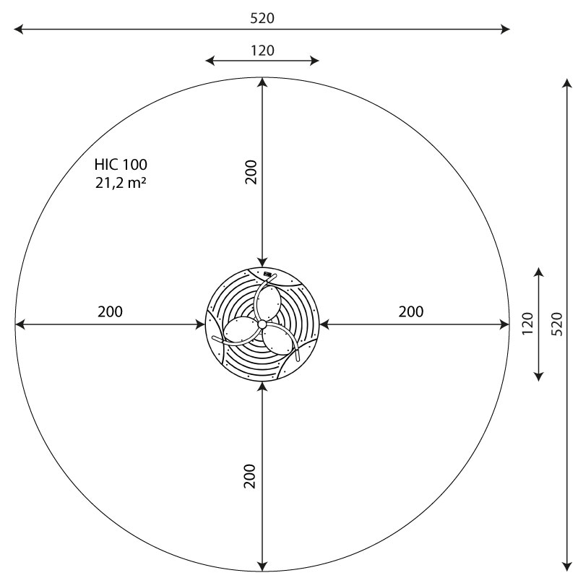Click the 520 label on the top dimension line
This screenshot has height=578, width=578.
tap(262, 18)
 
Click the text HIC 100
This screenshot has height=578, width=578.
tap(121, 165)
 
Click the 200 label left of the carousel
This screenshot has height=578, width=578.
tap(110, 312)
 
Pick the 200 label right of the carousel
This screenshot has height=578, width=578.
tap(410, 312)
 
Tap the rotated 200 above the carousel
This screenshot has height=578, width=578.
tap(251, 171)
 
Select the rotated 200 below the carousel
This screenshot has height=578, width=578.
tap(251, 477)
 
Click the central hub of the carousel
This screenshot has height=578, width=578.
tap(262, 325)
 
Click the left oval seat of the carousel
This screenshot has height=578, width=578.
tap(238, 332)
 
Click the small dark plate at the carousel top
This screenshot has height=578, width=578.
tap(269, 274)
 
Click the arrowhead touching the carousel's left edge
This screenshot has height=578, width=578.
tap(202, 324)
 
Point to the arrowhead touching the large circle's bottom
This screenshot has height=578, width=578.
tap(262, 567)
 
